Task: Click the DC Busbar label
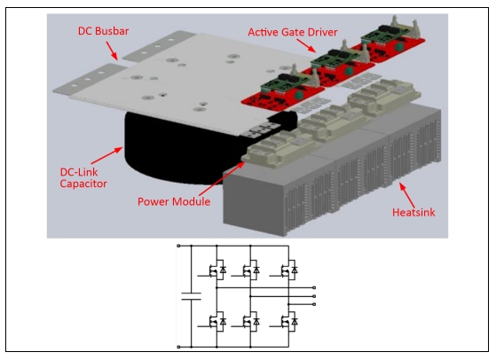tap(104, 31)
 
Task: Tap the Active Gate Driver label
tap(293, 32)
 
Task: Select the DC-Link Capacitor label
tap(83, 178)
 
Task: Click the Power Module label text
tap(174, 201)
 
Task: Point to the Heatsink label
tap(413, 213)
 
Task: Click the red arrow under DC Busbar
tap(112, 51)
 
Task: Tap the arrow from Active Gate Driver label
tap(306, 46)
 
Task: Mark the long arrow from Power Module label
tap(222, 178)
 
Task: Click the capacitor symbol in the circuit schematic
tap(191, 296)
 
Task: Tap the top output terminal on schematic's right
tap(314, 287)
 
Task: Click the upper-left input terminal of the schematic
tap(178, 246)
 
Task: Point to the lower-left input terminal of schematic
tap(178, 347)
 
